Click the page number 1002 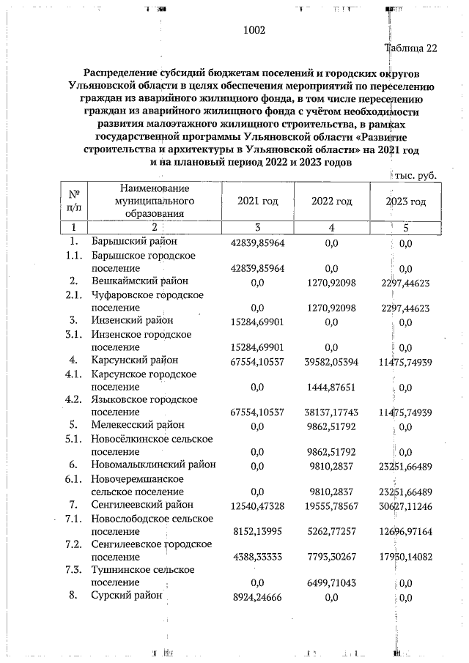point(253,30)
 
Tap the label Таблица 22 point(410,48)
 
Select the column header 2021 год point(257,201)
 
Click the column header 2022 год point(332,201)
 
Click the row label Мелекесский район point(137,425)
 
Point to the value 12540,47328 point(256,505)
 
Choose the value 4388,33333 point(256,558)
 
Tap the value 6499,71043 point(333,583)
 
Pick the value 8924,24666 point(256,597)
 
